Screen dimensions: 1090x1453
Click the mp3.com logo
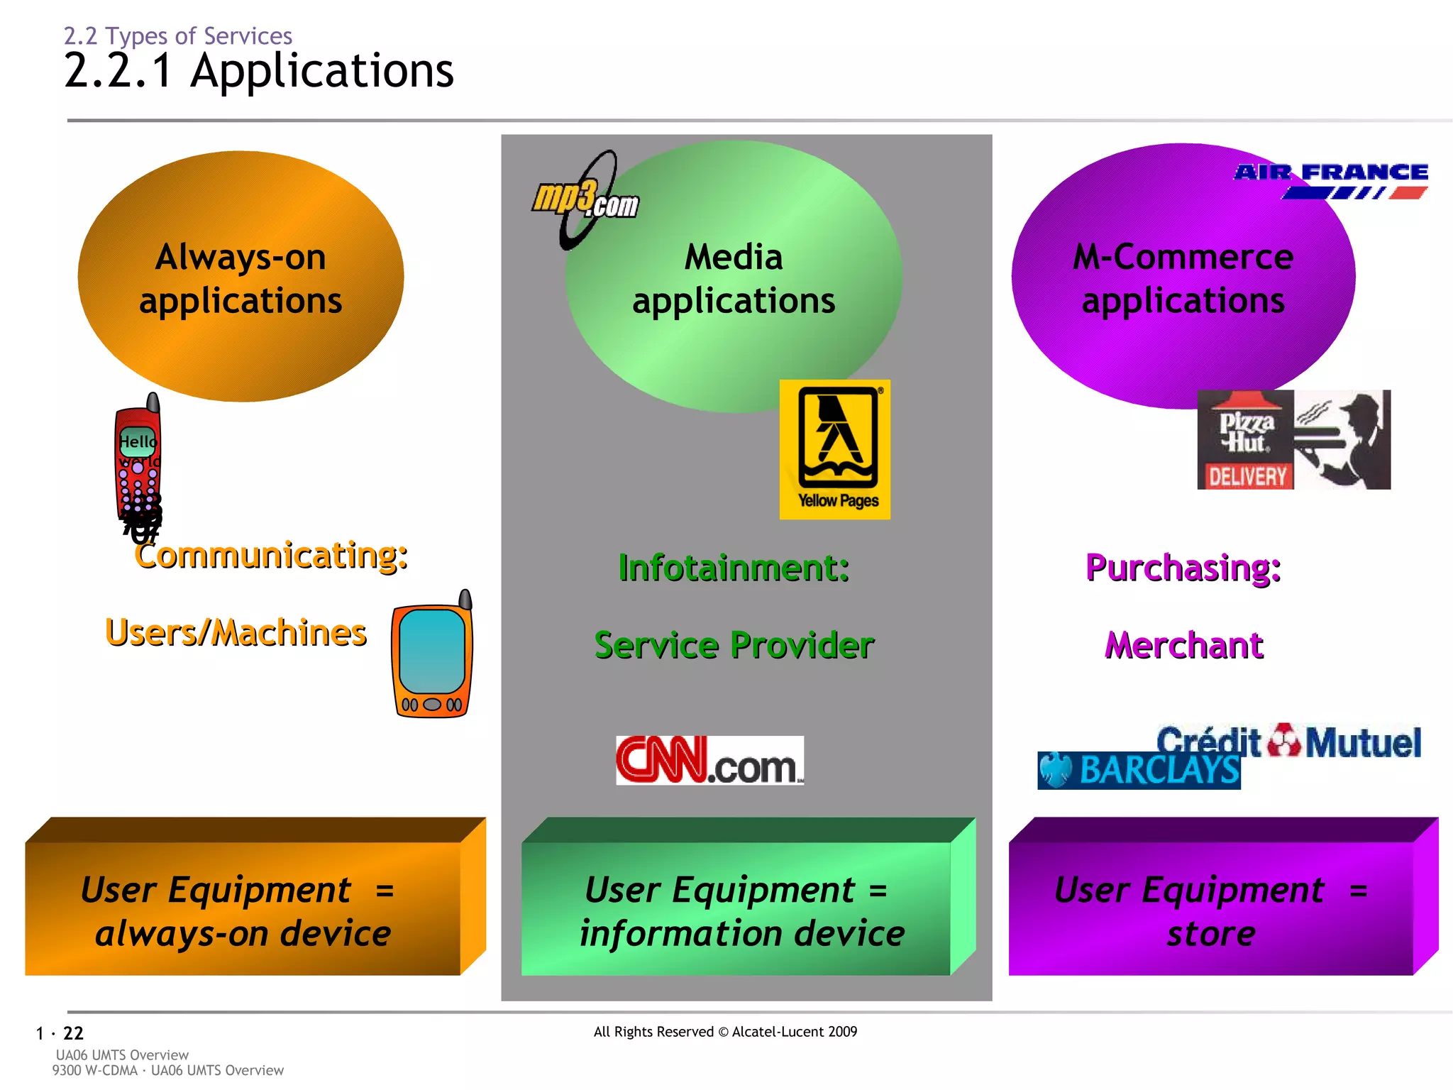pos(586,200)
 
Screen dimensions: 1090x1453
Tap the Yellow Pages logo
pos(835,449)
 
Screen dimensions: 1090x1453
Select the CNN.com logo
pos(709,761)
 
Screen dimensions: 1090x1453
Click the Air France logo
pos(1331,180)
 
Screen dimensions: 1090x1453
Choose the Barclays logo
pos(1139,771)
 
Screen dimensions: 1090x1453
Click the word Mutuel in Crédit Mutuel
pos(1363,743)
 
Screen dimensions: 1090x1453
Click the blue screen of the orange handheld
pos(432,651)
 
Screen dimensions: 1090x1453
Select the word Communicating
pos(271,555)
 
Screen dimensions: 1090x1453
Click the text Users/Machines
pos(236,632)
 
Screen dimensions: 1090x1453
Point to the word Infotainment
pos(734,568)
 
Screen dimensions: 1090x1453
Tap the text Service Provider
pos(734,645)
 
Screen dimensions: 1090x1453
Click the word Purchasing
pos(1183,568)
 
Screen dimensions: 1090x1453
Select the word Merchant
pos(1183,645)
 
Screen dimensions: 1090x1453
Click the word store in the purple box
pos(1211,934)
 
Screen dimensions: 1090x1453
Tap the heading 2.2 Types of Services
pos(178,35)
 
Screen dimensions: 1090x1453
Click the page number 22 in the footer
pos(73,1033)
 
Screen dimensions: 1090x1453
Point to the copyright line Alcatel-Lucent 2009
pos(725,1032)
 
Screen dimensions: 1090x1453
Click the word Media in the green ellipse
pos(734,257)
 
